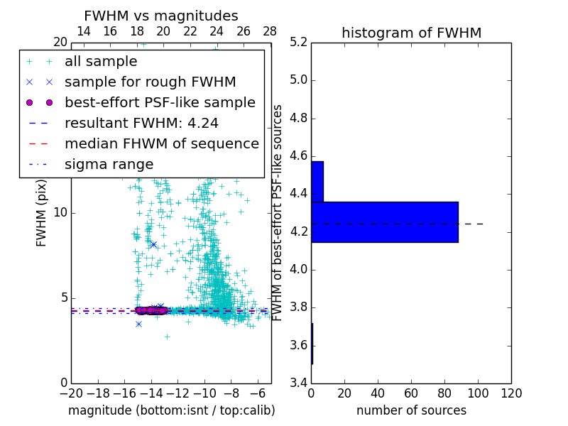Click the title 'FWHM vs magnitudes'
[x=161, y=16]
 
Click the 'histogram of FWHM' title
[x=411, y=33]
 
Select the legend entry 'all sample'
[x=101, y=62]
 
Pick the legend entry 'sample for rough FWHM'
[x=150, y=82]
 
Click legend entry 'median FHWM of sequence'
[x=161, y=143]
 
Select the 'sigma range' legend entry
[x=109, y=164]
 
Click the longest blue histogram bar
[x=384, y=222]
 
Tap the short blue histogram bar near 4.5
[x=317, y=181]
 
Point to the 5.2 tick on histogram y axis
[x=299, y=42]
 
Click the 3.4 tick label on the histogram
[x=299, y=383]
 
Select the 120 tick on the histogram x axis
[x=510, y=393]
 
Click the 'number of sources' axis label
[x=411, y=410]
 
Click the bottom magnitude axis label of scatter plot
[x=171, y=410]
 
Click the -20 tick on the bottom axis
[x=70, y=393]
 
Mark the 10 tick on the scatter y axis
[x=60, y=212]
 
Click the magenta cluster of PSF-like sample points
[x=151, y=310]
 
